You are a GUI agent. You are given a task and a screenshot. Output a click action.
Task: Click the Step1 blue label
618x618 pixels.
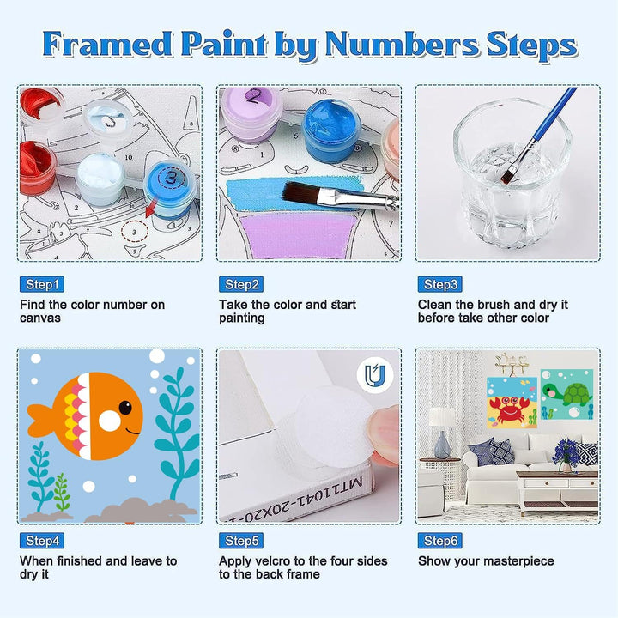pyautogui.click(x=42, y=284)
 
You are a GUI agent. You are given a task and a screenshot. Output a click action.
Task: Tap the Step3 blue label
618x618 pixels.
pyautogui.click(x=440, y=284)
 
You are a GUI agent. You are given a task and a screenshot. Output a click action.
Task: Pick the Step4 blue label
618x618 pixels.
pyautogui.click(x=42, y=541)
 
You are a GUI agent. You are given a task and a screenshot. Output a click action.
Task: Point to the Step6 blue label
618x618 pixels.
pyautogui.click(x=440, y=541)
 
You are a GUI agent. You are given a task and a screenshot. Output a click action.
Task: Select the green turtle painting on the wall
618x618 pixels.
pyautogui.click(x=567, y=395)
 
